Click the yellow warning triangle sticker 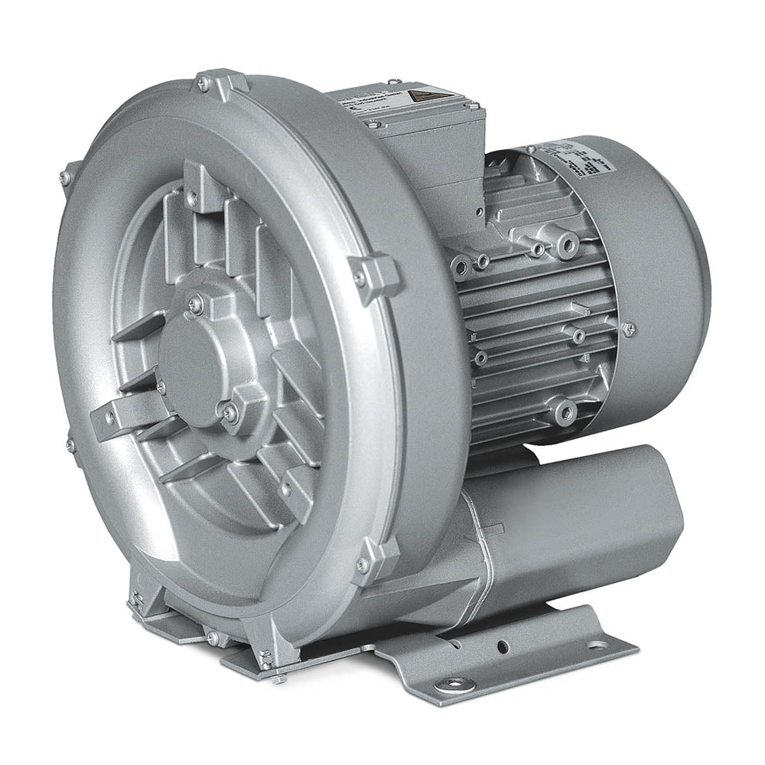click(x=419, y=96)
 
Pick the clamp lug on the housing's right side click(x=374, y=275)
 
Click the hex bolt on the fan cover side click(x=628, y=330)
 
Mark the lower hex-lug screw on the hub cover click(x=230, y=412)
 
